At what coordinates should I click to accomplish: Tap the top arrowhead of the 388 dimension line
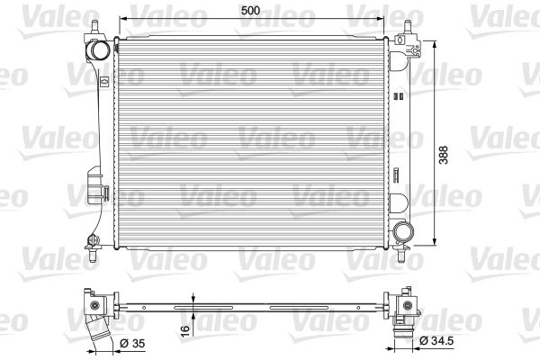click(x=437, y=42)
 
